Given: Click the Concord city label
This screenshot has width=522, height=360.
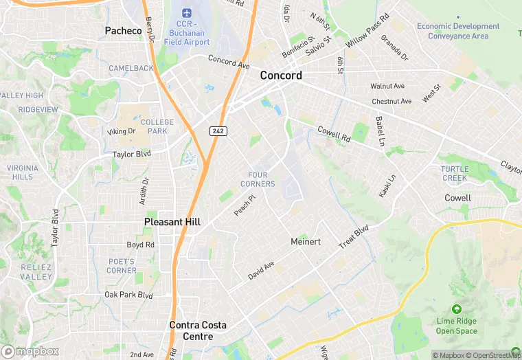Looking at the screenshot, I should pos(280,76).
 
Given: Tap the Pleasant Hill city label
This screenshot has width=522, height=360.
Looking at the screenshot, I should pos(172,222).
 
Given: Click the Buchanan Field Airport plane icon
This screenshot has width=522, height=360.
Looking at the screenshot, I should pos(187,13).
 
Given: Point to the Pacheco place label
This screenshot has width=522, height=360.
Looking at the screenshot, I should pos(123,30).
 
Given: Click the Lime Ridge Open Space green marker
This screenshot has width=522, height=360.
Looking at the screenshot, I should pos(457,311).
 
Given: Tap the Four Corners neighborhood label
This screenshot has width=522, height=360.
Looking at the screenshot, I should pos(258,179).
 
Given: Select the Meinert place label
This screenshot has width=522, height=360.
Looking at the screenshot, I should pos(306,242).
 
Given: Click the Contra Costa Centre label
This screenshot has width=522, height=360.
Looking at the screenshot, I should pos(199,330).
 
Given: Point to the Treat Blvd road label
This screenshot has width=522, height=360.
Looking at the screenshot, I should pos(354,237).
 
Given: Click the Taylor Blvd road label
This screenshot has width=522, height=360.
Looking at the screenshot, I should pos(131,155).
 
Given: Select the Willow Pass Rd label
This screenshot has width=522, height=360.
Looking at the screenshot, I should pos(367,30).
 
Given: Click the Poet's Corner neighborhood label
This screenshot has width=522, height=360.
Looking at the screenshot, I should pos(122,265).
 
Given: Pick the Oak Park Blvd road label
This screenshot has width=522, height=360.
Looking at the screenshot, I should pos(128,295).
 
